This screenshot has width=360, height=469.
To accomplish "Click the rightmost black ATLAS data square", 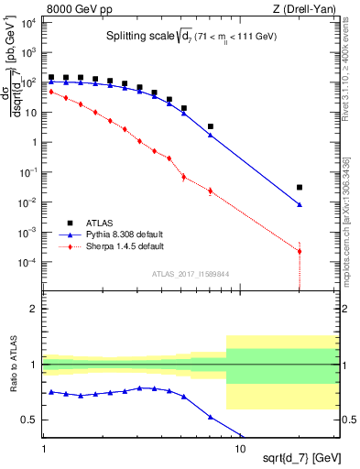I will point(300,187).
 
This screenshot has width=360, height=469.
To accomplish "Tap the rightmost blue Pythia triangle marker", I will point(300,205).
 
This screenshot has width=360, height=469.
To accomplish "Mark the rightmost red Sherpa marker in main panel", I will point(300,251).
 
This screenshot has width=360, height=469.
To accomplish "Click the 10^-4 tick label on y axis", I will point(27,262).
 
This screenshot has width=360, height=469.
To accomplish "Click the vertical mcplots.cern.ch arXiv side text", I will point(352,202).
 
